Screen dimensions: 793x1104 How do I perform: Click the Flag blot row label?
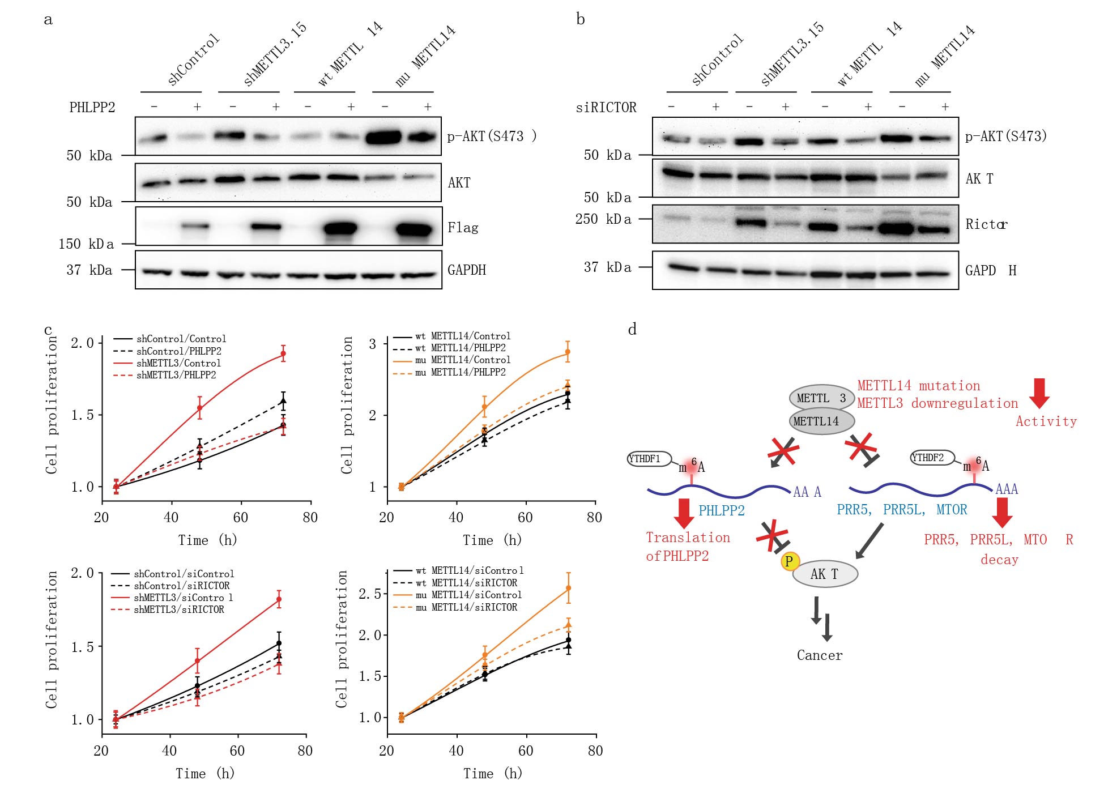point(463,228)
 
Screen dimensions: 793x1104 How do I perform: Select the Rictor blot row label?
point(986,224)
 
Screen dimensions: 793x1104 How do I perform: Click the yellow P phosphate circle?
point(790,561)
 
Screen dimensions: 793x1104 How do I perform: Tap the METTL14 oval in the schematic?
point(821,421)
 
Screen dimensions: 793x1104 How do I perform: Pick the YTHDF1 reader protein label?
point(649,459)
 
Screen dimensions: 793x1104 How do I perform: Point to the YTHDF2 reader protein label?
point(931,458)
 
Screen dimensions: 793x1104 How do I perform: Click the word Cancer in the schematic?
point(820,655)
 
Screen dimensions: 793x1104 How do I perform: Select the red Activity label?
point(1046,421)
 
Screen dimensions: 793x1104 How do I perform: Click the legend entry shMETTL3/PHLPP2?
point(176,375)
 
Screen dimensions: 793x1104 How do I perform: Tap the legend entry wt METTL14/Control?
point(462,336)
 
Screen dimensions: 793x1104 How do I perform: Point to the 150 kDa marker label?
point(86,244)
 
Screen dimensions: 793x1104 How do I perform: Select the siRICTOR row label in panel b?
point(606,107)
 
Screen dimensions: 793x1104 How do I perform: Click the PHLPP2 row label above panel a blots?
point(92,107)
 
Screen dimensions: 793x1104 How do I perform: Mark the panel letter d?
point(632,329)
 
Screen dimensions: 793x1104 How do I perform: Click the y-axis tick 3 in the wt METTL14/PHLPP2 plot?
point(372,344)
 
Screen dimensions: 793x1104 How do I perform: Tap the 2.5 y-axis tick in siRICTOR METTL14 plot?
point(369,594)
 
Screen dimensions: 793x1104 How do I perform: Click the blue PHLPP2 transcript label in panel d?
point(721,510)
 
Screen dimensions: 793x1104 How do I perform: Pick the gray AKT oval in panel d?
point(825,574)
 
